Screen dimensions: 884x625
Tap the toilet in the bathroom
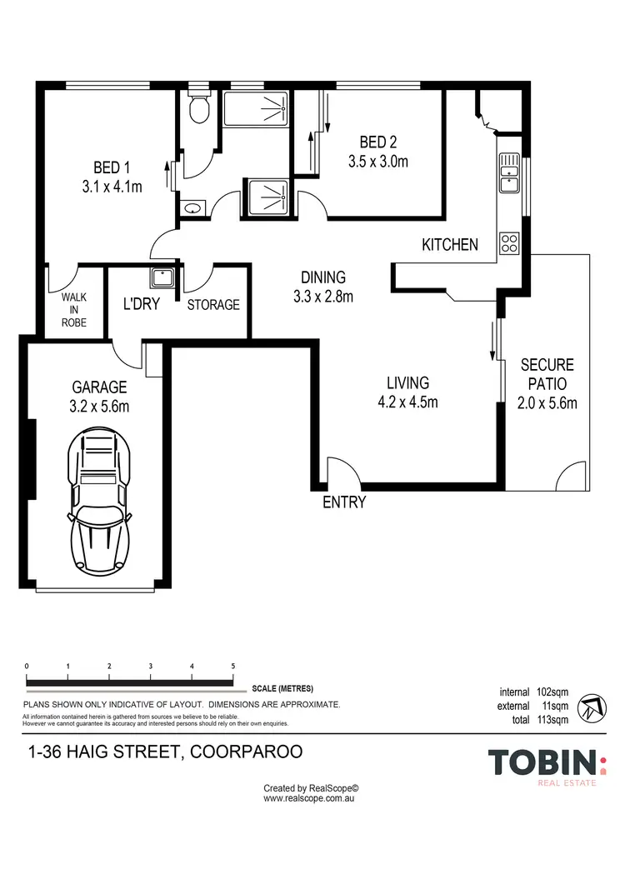(x=198, y=107)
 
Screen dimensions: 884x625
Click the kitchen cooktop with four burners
(x=509, y=242)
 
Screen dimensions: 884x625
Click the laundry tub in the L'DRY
(x=162, y=277)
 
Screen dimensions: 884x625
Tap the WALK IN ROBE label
(x=73, y=309)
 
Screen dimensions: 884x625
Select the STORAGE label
(x=212, y=305)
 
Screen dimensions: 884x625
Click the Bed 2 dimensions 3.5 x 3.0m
(x=377, y=162)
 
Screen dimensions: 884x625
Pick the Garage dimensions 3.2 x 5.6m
(x=99, y=407)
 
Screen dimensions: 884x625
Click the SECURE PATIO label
(x=547, y=375)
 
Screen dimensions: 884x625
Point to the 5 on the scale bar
(x=233, y=667)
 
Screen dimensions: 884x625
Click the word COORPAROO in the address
(x=247, y=752)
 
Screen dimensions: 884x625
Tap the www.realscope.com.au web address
(x=311, y=797)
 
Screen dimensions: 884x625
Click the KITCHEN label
(x=450, y=244)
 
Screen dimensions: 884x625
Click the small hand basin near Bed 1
(x=192, y=207)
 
